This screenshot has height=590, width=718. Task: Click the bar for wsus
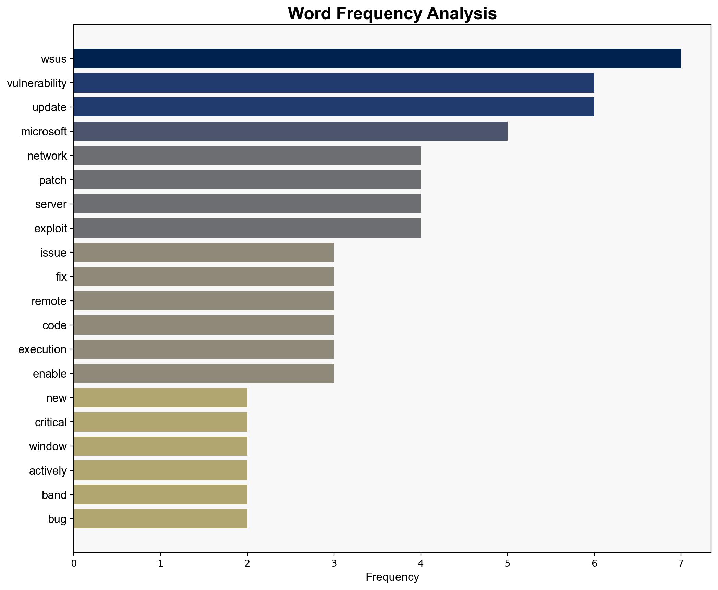(377, 59)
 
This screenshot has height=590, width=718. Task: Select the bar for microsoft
(290, 131)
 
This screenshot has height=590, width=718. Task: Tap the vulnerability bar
(334, 83)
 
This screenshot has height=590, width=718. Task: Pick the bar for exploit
(247, 228)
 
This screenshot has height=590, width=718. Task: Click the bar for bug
(160, 519)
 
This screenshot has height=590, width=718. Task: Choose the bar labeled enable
(204, 373)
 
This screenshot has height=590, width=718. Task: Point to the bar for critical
(160, 422)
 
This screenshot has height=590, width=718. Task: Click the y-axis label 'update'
(49, 107)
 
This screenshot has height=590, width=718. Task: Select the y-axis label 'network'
(47, 156)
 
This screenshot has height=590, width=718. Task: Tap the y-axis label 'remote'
(49, 301)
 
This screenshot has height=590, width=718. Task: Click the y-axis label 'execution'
(42, 349)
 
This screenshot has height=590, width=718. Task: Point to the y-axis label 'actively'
(48, 471)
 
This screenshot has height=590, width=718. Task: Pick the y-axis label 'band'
(54, 495)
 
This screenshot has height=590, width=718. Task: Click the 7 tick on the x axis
(681, 563)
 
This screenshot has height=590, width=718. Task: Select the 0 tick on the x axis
(74, 563)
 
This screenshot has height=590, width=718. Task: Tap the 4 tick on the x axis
(421, 563)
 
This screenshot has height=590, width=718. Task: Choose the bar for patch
(247, 180)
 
